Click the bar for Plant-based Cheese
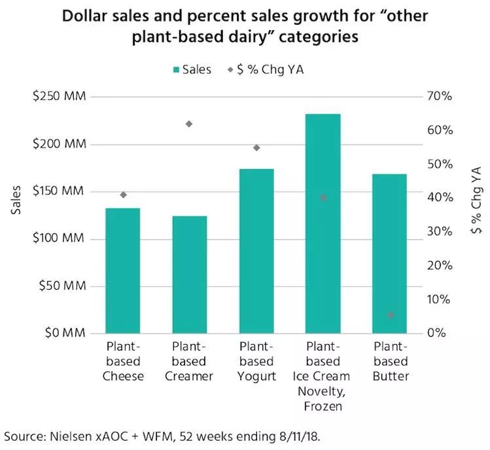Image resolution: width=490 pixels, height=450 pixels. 123,270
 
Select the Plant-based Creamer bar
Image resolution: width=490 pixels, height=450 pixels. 190,274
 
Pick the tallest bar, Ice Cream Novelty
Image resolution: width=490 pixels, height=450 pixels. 323,223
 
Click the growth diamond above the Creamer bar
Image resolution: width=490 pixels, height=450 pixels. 190,124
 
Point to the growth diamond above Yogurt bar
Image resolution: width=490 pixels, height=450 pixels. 256,148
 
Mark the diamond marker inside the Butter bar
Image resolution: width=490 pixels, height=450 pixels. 391,315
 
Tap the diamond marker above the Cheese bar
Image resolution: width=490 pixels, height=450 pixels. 123,194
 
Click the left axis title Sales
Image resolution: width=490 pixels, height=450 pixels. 17,201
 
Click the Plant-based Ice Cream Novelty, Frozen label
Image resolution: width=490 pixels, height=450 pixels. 323,376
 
